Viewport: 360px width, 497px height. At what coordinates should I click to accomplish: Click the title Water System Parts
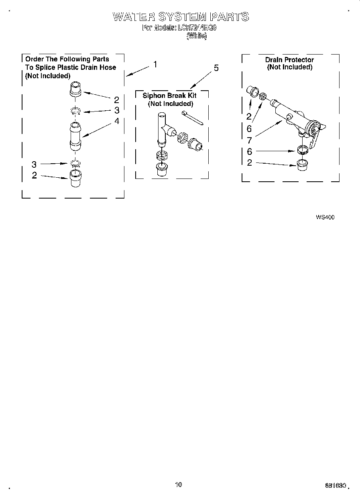[x=181, y=17]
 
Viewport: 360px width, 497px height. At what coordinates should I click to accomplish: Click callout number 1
[x=155, y=65]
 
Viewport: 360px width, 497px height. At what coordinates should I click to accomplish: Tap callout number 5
[x=216, y=68]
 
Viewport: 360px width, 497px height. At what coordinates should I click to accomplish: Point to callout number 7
[x=249, y=140]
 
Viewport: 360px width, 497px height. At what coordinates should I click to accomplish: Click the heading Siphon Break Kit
[x=169, y=96]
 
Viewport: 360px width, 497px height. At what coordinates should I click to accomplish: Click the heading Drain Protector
[x=289, y=60]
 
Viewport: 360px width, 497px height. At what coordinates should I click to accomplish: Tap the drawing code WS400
[x=325, y=217]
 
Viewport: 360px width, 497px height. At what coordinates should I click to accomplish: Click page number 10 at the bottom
[x=179, y=485]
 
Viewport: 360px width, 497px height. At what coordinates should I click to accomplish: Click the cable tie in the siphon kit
[x=192, y=118]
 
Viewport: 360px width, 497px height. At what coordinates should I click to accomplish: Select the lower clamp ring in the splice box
[x=75, y=163]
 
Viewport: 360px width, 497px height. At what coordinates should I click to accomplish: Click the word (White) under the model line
[x=197, y=36]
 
